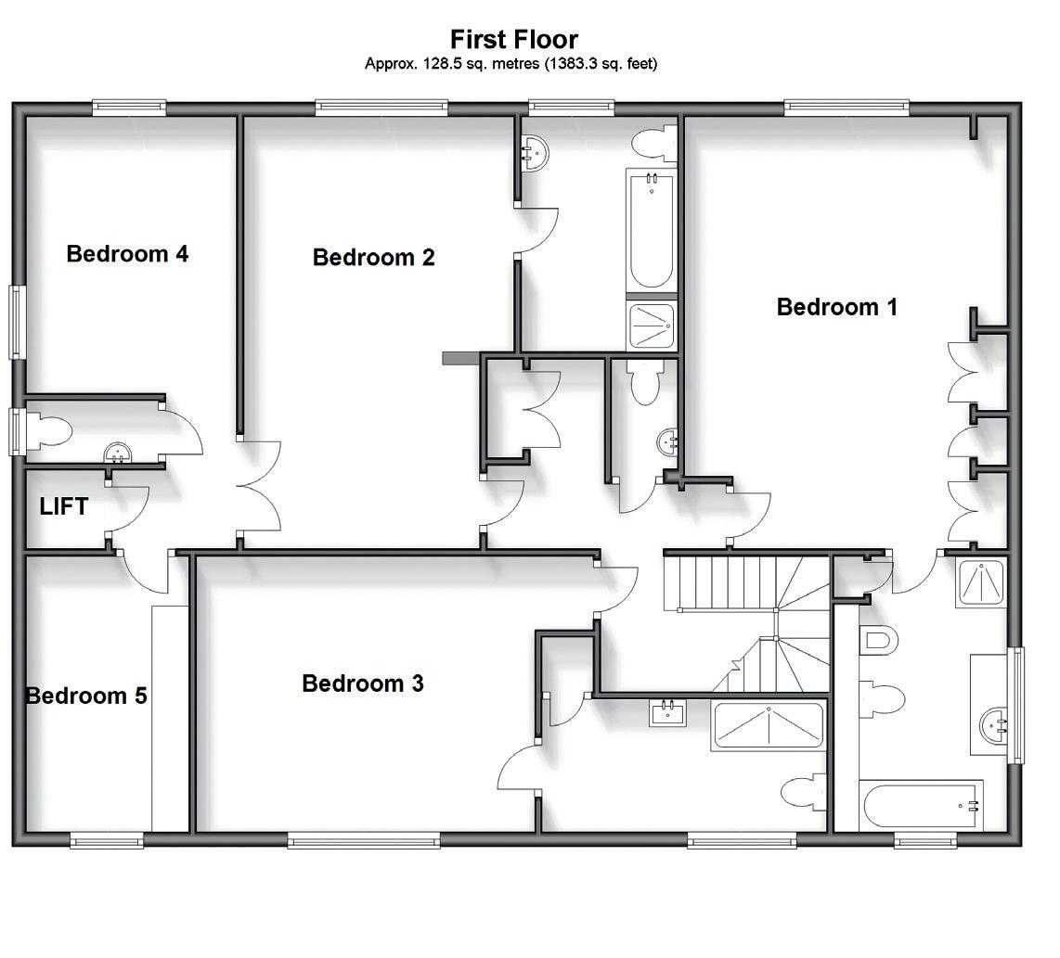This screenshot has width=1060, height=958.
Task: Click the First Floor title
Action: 513,40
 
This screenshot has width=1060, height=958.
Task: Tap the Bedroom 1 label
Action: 836,307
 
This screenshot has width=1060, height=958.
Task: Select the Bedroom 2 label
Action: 373,257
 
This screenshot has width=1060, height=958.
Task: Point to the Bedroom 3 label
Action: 363,683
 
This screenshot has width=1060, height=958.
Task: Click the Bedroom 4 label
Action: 127,253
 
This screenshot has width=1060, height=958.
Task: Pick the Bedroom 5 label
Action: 86,696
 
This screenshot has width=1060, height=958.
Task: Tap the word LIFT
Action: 64,506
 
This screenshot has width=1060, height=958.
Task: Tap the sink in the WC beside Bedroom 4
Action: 118,453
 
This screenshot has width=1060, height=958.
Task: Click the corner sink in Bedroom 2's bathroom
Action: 534,151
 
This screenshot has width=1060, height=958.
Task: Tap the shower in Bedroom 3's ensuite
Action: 768,726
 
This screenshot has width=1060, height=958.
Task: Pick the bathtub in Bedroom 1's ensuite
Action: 922,806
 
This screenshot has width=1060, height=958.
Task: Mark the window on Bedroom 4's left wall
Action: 16,322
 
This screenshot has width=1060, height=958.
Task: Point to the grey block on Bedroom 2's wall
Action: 459,358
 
